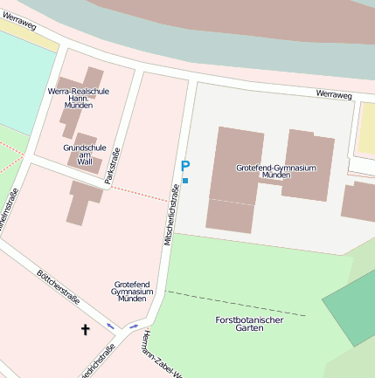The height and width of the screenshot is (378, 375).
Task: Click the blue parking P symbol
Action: (184, 166)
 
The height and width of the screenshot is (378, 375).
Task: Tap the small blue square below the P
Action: (185, 181)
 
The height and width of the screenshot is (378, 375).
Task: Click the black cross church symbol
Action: (86, 329)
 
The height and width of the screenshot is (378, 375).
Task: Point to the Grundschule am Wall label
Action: (84, 155)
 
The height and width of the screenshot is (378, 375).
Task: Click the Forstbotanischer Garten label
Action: (249, 324)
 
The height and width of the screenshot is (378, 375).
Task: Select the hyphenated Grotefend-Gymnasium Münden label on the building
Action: (275, 170)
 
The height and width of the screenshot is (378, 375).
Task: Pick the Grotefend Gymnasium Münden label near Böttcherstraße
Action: (132, 292)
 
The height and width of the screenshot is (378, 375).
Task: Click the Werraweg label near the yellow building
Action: (333, 93)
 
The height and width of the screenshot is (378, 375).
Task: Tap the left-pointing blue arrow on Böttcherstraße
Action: (111, 325)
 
